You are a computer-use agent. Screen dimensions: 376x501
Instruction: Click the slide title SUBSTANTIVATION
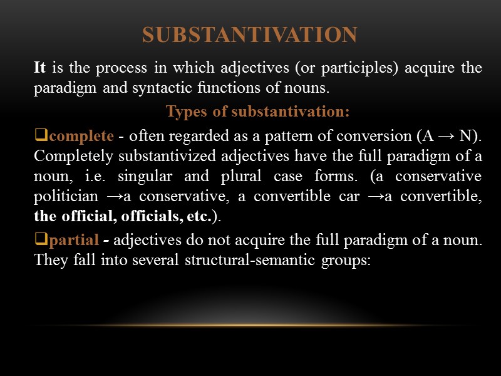249,34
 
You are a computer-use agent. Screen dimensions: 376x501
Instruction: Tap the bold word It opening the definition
41,68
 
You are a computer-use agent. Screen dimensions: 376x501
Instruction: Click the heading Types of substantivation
257,112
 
